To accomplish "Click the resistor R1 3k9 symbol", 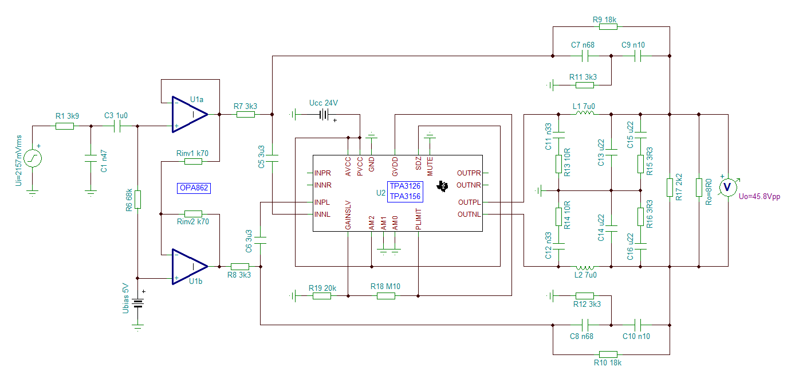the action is click(65, 126).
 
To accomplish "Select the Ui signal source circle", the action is click(32, 158).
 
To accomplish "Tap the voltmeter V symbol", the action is click(727, 187).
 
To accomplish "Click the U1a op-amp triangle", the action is click(190, 114).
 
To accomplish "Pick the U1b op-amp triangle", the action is click(190, 267).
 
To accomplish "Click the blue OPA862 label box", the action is click(194, 188).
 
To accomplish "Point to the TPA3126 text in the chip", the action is click(405, 186).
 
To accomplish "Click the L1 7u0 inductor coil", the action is click(585, 113).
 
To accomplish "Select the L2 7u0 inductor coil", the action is click(585, 268).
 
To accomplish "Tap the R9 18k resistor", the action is click(608, 26).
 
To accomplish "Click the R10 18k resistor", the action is click(608, 354).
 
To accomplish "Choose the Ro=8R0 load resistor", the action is click(699, 187).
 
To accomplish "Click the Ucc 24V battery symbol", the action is click(324, 114).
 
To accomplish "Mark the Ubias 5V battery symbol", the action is click(137, 303).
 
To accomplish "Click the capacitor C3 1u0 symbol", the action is click(117, 126).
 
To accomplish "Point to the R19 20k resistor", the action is click(321, 295).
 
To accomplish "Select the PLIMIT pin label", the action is click(419, 219).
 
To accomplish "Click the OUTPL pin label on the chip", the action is click(469, 202).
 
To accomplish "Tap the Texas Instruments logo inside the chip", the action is click(442, 186).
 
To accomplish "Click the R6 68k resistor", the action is click(137, 200).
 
